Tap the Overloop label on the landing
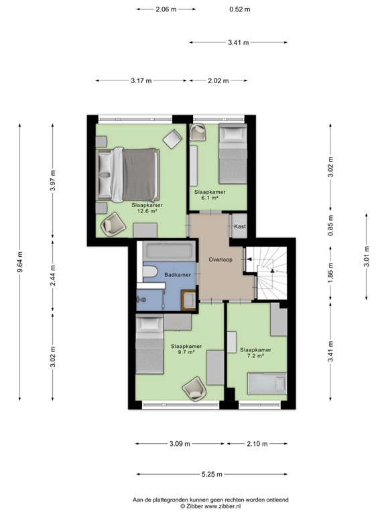pyautogui.click(x=220, y=260)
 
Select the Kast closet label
pyautogui.click(x=240, y=227)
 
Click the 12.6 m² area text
pyautogui.click(x=147, y=211)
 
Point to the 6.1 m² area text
pyautogui.click(x=210, y=198)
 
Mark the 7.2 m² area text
pyautogui.click(x=255, y=356)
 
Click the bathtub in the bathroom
pyautogui.click(x=170, y=252)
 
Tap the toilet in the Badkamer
pyautogui.click(x=149, y=273)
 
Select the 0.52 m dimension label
pyautogui.click(x=239, y=9)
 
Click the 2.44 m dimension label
pyautogui.click(x=53, y=276)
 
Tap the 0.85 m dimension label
pyautogui.click(x=330, y=226)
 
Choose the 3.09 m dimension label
pyautogui.click(x=179, y=444)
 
